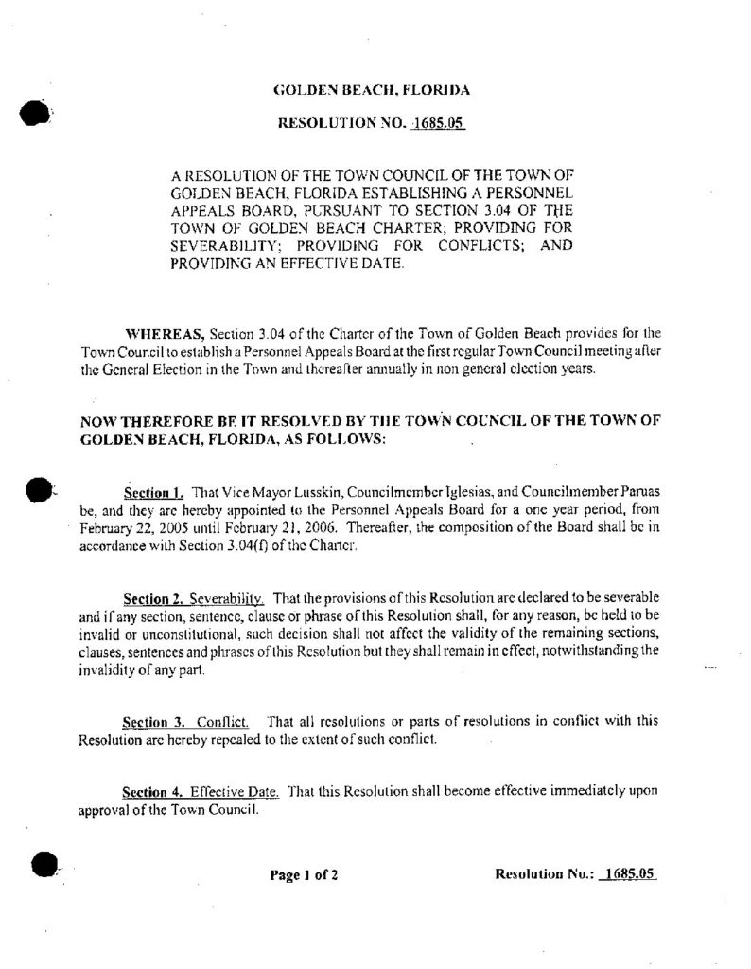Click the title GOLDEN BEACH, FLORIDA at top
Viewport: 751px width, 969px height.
click(x=371, y=91)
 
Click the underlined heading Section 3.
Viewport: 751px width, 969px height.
click(x=153, y=721)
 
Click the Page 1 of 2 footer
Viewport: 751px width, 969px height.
click(x=304, y=874)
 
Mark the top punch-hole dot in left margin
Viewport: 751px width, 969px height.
click(x=33, y=113)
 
